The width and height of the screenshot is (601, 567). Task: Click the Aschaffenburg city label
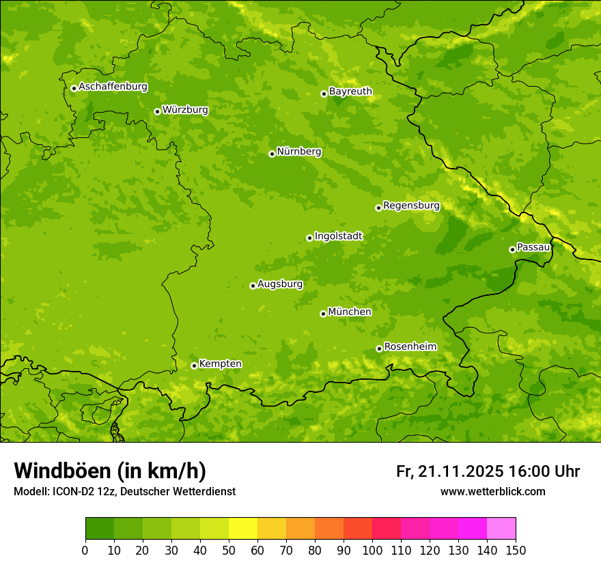[x=113, y=87]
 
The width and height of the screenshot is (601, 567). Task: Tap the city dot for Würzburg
[x=157, y=111]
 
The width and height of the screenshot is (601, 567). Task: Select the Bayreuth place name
[x=350, y=92]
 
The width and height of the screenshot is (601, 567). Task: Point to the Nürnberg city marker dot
[x=272, y=154]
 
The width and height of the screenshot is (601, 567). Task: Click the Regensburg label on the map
[x=411, y=206]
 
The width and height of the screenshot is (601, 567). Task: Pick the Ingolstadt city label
[x=338, y=236]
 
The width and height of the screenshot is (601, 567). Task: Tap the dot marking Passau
[x=512, y=249]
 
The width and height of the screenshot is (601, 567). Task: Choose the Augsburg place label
[x=280, y=284]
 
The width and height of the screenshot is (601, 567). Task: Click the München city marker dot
[x=323, y=314]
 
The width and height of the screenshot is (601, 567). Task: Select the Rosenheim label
[x=410, y=347]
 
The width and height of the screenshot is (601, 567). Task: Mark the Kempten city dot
[x=194, y=365]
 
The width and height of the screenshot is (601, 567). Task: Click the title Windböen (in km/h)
[x=110, y=471]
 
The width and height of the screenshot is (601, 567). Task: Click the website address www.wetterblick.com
[x=492, y=492]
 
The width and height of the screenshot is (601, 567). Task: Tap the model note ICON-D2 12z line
[x=124, y=492]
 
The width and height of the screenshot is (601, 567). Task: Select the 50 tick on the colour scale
[x=229, y=551]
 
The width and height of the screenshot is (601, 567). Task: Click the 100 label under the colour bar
[x=372, y=551]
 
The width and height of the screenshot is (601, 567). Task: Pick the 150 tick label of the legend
[x=516, y=551]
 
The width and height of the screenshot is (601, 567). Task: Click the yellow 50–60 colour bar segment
[x=243, y=529]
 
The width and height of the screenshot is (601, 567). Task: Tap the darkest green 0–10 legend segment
[x=100, y=529]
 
